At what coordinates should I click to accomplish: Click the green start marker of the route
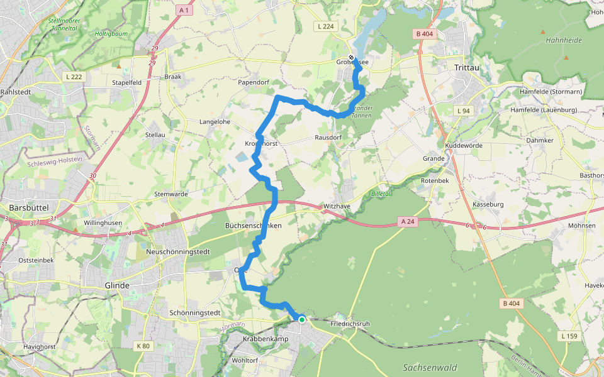click(302, 320)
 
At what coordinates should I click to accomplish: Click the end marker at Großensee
click(351, 58)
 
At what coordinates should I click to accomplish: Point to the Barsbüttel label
click(30, 207)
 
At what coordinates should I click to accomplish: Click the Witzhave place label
click(337, 206)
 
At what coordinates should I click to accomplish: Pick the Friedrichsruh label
click(350, 324)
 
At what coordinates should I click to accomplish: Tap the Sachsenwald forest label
click(430, 368)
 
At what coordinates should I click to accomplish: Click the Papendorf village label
click(254, 82)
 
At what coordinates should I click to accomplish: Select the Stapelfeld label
click(126, 82)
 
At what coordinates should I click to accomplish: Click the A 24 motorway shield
click(408, 221)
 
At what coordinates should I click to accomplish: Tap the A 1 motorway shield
click(184, 10)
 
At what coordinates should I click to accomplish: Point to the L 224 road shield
click(325, 26)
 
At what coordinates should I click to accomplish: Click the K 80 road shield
click(143, 346)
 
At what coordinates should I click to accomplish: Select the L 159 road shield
click(569, 337)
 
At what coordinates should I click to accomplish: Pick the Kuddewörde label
click(463, 145)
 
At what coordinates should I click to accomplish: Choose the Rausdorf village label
click(328, 137)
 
